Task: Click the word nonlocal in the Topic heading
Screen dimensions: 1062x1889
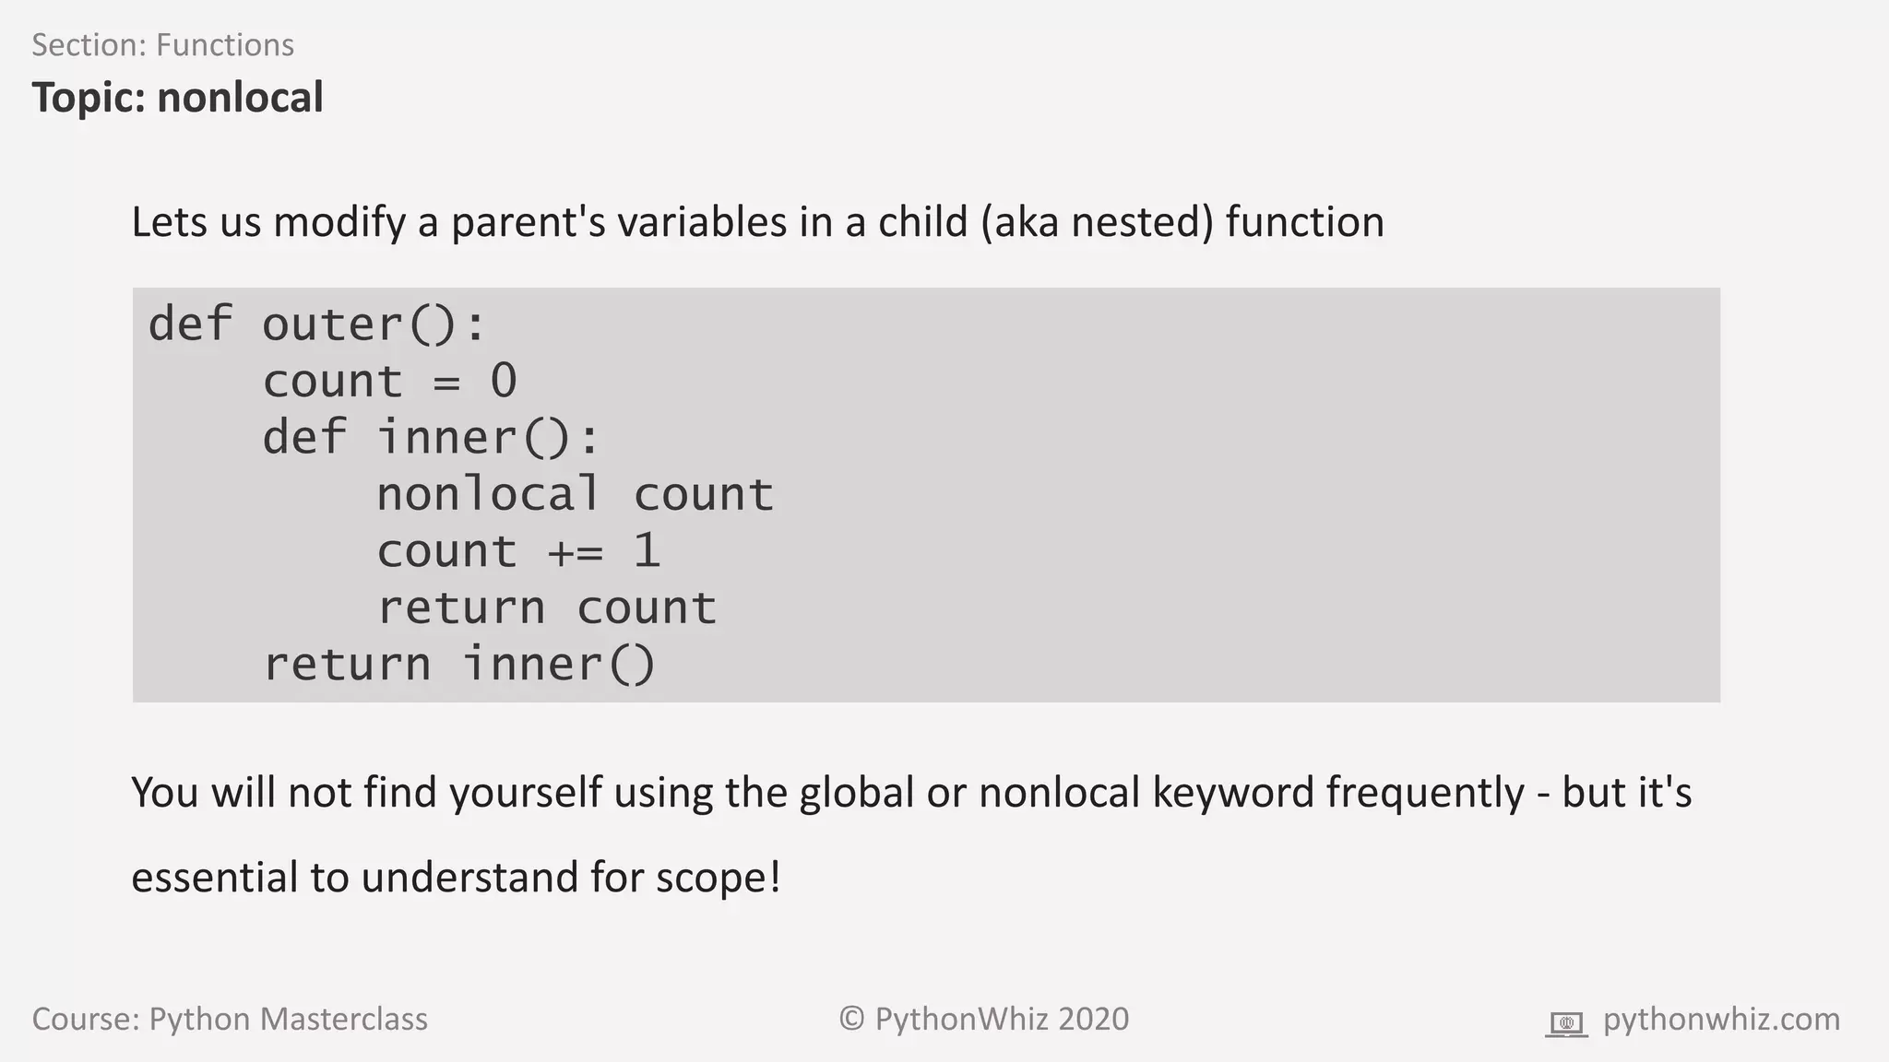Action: pos(240,98)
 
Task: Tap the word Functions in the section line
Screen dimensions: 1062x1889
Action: pos(225,45)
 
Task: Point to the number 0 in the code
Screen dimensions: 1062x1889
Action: pos(504,381)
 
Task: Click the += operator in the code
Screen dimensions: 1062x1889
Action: pos(575,551)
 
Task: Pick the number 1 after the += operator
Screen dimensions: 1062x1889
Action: pos(647,550)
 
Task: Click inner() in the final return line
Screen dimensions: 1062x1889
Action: pos(560,664)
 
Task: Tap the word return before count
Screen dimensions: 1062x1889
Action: pos(461,608)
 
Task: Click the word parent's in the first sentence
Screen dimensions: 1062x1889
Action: pos(528,222)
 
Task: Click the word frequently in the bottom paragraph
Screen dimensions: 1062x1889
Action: pos(1425,793)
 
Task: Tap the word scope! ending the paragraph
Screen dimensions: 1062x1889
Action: pos(719,877)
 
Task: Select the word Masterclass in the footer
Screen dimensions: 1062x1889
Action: pos(343,1020)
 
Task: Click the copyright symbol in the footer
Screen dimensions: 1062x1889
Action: pos(851,1020)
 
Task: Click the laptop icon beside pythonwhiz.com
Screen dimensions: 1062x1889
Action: pos(1566,1023)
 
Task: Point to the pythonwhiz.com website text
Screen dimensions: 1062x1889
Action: pos(1721,1020)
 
